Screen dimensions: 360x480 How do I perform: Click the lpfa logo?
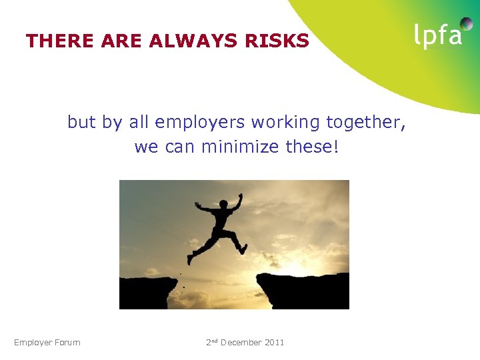click(438, 34)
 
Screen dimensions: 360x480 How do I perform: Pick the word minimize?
click(238, 146)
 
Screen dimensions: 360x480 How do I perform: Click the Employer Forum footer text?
click(47, 343)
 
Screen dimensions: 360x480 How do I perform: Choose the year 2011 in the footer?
click(274, 343)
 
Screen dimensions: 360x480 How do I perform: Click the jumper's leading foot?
click(243, 248)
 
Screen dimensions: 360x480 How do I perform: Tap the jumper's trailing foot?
click(191, 259)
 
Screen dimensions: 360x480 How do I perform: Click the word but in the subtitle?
click(82, 123)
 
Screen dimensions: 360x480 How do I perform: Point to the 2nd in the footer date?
click(212, 343)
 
